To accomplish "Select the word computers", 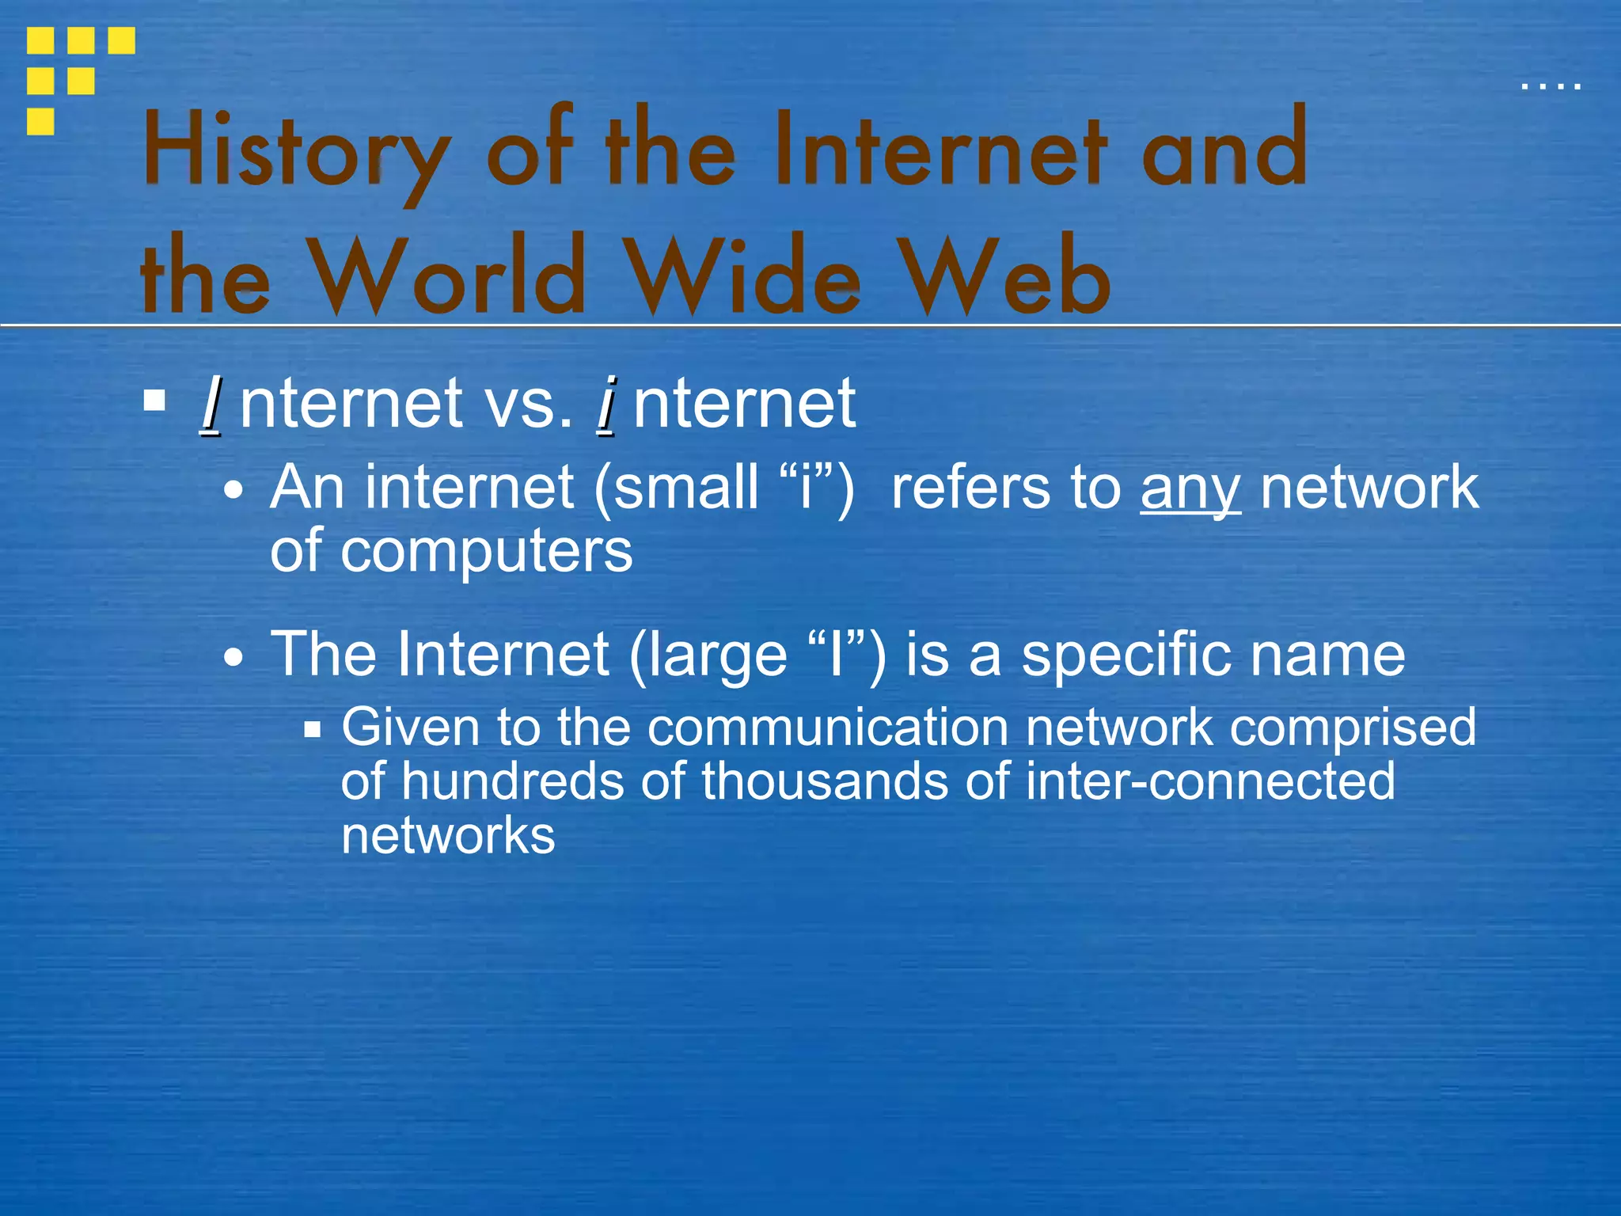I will (x=486, y=553).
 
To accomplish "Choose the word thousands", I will (x=824, y=782).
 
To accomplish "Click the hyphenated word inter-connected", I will (x=1210, y=782).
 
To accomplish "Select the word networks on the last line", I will (x=448, y=836).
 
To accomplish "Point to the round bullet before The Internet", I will (x=233, y=657).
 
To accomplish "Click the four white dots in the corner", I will (x=1551, y=85).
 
